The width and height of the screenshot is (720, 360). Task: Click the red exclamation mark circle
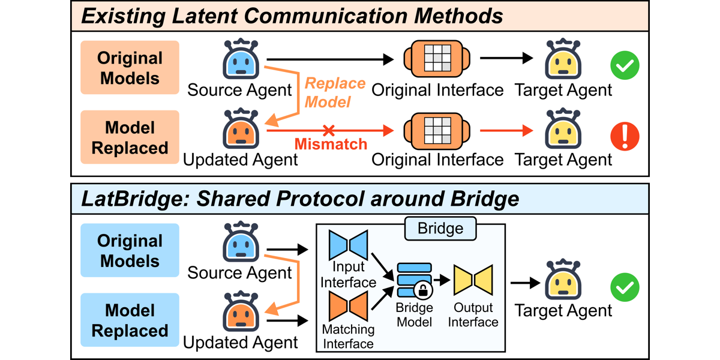(x=625, y=136)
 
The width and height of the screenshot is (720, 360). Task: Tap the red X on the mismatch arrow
(x=329, y=131)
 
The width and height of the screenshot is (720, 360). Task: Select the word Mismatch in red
(x=331, y=144)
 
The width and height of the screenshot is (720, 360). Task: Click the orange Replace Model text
(x=335, y=92)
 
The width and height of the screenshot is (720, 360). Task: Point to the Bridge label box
(x=440, y=229)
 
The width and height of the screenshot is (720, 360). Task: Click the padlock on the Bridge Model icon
(x=423, y=290)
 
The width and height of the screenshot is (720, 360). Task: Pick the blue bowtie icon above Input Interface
(x=348, y=245)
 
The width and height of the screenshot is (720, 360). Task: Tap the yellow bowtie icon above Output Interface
(x=473, y=280)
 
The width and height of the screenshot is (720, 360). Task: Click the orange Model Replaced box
(x=130, y=137)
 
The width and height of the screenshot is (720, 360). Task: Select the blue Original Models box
(x=130, y=250)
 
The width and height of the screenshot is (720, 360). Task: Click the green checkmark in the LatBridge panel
(x=625, y=287)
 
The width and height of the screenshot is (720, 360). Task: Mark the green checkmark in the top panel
(x=625, y=65)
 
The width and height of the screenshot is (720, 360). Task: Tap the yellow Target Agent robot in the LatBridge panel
(x=563, y=280)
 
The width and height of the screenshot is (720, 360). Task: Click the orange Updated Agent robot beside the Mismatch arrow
(x=241, y=128)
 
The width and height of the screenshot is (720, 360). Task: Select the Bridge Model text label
(x=415, y=314)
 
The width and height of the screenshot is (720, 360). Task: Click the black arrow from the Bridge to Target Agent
(x=525, y=283)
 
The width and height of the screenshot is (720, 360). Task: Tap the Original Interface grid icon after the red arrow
(x=437, y=131)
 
